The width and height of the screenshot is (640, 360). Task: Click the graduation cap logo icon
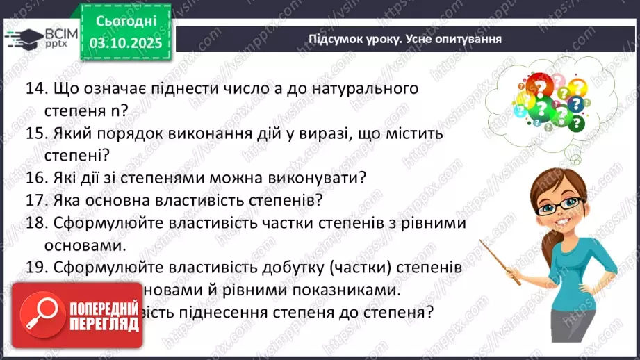click(x=24, y=38)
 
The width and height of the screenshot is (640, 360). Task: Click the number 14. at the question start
click(x=35, y=89)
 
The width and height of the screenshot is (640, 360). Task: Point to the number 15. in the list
click(x=35, y=133)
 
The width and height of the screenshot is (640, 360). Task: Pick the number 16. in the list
click(x=35, y=178)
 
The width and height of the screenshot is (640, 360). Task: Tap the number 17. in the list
click(x=35, y=200)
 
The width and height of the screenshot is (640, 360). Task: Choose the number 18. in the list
click(x=35, y=223)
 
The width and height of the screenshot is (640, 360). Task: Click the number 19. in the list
click(x=35, y=267)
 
